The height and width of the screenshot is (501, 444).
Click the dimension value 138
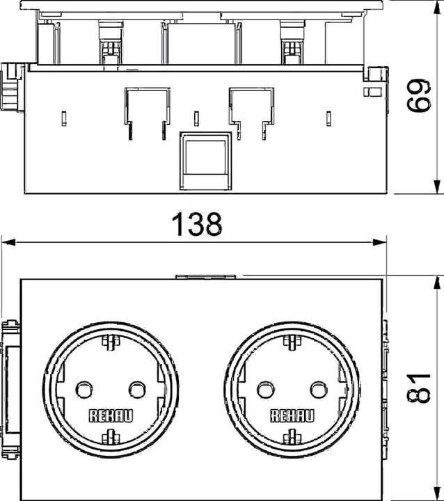click(x=196, y=224)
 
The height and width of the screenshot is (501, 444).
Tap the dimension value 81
click(x=418, y=388)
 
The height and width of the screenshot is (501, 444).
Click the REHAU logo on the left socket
click(x=110, y=416)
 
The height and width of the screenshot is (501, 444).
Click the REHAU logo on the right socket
click(x=292, y=416)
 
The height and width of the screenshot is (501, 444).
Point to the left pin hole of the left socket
click(x=84, y=390)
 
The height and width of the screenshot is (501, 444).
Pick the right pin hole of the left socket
click(x=137, y=390)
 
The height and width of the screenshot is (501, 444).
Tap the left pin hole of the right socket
click(x=266, y=390)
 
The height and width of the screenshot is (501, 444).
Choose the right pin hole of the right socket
click(x=319, y=390)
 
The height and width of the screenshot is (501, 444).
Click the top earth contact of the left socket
click(x=111, y=342)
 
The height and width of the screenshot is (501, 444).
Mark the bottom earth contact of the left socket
click(x=111, y=437)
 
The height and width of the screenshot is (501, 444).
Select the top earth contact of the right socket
click(x=292, y=342)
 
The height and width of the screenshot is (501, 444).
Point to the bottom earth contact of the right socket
click(x=292, y=437)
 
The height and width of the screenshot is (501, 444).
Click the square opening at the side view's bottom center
click(x=205, y=161)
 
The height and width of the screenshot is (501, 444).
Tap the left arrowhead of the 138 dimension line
click(x=8, y=243)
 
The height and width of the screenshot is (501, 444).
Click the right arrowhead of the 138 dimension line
click(x=380, y=243)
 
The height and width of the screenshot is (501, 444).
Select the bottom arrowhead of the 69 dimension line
click(x=436, y=186)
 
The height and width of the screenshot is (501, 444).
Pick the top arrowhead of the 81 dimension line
click(x=436, y=283)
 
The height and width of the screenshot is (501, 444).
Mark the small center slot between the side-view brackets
click(x=196, y=118)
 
